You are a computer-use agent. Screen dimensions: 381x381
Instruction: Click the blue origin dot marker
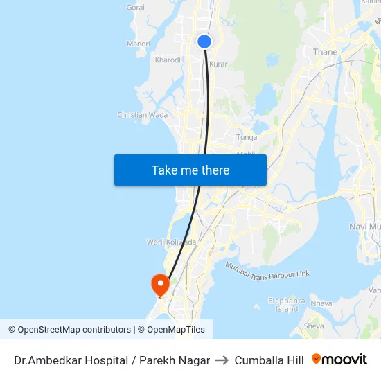[204, 42]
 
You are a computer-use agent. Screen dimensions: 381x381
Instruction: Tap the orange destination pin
[160, 284]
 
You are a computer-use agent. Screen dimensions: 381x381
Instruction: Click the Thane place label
[325, 52]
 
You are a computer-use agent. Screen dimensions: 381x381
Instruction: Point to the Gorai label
[136, 8]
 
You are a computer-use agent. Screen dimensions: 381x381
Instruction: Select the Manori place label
[139, 44]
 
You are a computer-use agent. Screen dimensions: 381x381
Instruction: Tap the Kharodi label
[168, 60]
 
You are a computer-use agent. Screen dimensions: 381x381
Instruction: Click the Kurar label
[218, 64]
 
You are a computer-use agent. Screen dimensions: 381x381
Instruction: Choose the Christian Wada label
[143, 115]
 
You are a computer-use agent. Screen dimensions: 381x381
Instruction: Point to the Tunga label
[247, 137]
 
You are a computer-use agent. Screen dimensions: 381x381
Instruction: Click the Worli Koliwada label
[171, 242]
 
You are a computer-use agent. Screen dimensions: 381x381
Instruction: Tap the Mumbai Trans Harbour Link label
[267, 270]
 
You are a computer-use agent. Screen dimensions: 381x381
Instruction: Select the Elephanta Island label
[287, 305]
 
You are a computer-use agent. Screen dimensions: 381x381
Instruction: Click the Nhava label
[321, 303]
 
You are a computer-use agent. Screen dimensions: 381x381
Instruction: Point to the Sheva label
[314, 326]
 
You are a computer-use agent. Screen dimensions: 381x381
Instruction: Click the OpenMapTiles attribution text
[176, 330]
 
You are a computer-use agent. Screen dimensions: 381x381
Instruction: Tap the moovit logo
[339, 360]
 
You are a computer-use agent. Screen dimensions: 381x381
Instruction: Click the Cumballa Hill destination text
[269, 360]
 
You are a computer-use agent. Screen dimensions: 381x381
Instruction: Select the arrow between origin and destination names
[222, 360]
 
